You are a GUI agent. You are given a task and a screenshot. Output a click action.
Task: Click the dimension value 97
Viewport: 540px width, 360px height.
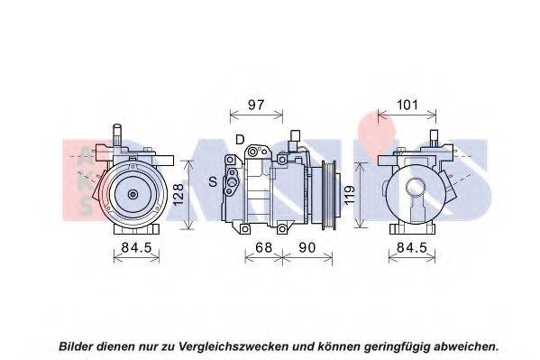(256, 105)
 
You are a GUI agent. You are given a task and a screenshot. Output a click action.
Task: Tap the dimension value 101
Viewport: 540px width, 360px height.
(407, 105)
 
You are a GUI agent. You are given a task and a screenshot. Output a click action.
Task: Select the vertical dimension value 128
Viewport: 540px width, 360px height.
(178, 195)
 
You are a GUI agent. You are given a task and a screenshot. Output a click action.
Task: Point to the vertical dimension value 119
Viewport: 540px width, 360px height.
(349, 195)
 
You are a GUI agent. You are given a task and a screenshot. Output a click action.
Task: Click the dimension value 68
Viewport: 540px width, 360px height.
(263, 247)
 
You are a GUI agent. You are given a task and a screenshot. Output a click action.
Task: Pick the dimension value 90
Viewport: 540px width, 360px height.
(307, 247)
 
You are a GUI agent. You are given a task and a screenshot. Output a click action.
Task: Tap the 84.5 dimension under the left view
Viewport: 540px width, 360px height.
(136, 247)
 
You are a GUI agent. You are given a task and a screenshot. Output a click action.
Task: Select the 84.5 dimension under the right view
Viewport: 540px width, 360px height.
(412, 247)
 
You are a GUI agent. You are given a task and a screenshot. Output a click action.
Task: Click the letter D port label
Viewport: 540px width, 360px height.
(240, 140)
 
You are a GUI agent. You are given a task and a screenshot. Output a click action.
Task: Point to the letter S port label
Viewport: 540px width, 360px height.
(213, 181)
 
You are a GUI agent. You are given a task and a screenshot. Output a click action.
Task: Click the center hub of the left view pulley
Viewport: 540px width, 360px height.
(133, 195)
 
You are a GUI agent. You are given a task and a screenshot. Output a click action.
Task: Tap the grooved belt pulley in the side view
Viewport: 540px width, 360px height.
(328, 195)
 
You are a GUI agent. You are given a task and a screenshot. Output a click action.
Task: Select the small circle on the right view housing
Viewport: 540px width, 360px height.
(416, 188)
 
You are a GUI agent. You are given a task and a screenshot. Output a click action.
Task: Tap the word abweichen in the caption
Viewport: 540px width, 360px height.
(466, 346)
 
